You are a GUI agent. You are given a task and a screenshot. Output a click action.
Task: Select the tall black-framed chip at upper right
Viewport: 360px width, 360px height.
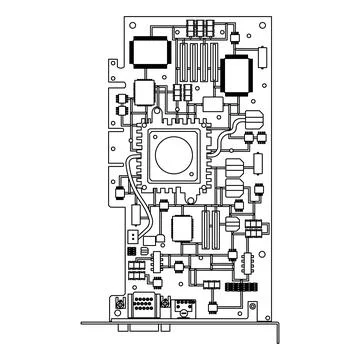pos(237,74)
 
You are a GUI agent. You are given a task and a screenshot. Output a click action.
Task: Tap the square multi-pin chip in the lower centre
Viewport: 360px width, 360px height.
pos(182,227)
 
